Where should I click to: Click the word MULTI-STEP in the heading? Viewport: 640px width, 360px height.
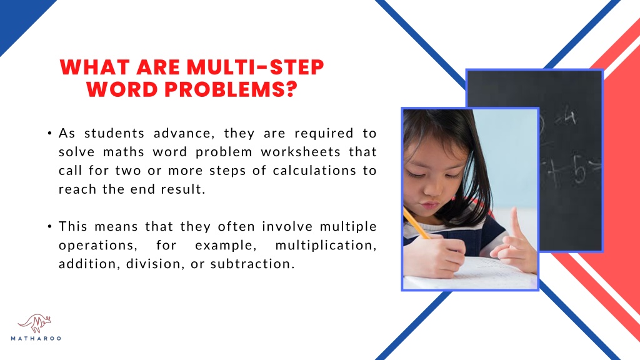click(x=255, y=67)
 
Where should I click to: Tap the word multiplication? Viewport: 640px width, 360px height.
click(x=326, y=245)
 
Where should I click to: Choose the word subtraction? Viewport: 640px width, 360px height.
click(x=252, y=264)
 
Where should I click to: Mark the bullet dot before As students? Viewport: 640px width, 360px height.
click(x=49, y=134)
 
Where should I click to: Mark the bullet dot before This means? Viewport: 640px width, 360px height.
click(x=49, y=226)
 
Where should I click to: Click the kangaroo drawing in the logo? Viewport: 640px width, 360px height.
click(x=35, y=323)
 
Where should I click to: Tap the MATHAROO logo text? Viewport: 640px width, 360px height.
click(x=36, y=338)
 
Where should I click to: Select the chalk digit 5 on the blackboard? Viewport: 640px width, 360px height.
click(x=579, y=168)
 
